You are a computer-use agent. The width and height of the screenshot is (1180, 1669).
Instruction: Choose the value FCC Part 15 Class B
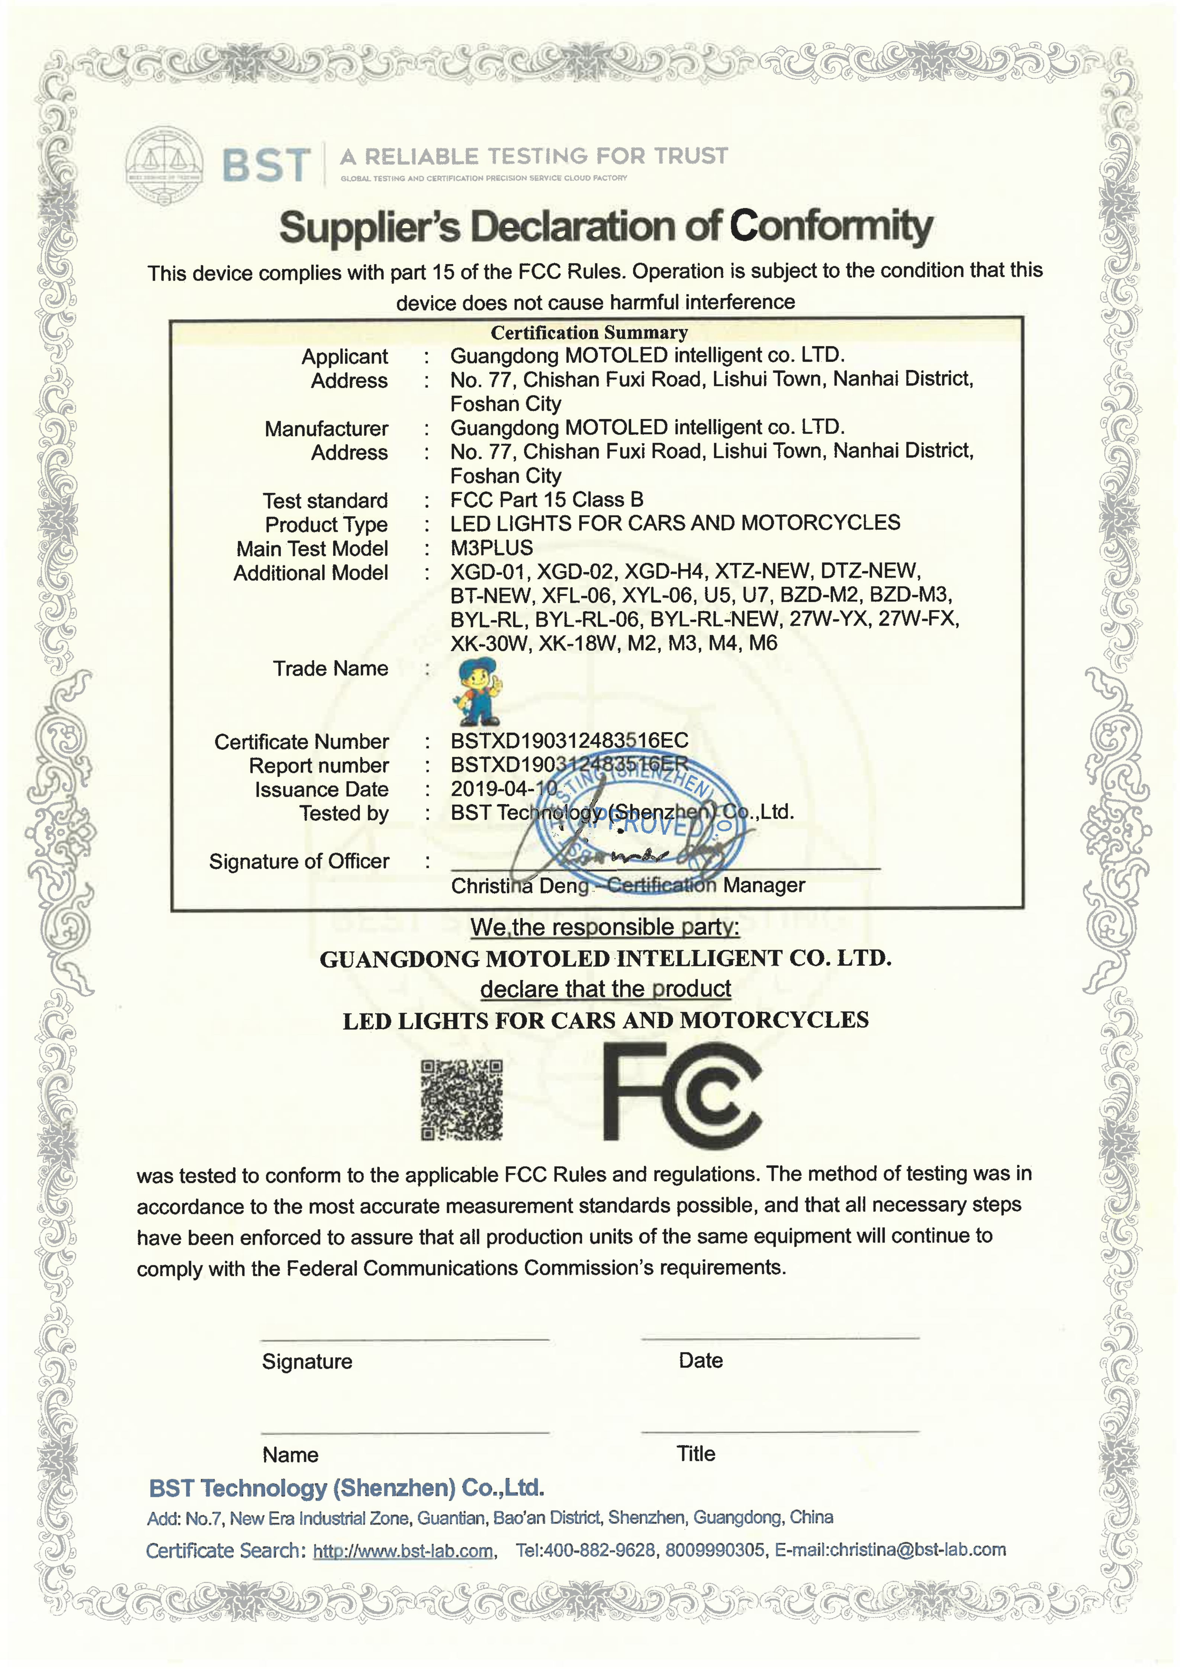click(x=546, y=500)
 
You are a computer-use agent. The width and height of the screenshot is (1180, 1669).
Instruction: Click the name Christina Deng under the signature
click(x=520, y=886)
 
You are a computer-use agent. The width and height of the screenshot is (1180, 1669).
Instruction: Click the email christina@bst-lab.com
click(x=917, y=1550)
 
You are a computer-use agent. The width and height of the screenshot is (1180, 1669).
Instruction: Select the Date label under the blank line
click(x=700, y=1361)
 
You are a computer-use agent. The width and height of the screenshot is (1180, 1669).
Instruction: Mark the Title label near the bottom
click(x=695, y=1454)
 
